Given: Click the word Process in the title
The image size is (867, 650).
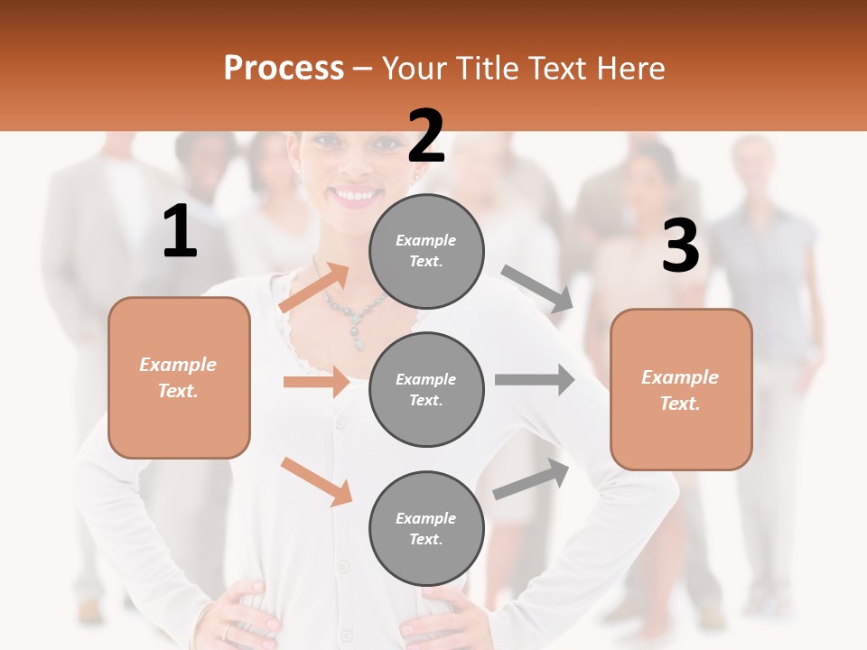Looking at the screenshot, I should coord(284,68).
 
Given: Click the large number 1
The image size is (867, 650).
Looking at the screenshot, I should coord(180,232).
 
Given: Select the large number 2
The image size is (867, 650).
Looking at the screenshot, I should coord(426,136).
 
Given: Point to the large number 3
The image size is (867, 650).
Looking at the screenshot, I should coord(680,246).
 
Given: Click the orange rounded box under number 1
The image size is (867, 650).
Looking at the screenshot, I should coord(179,377).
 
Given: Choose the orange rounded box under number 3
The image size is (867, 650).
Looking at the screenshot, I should coord(681,389).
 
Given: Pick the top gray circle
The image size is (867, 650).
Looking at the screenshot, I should coord(426,251).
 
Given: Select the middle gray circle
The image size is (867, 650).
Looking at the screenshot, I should coord(426,389).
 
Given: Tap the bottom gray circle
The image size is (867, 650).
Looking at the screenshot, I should coord(426,528).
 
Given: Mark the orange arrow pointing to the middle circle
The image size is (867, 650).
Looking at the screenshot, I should coord(316,382).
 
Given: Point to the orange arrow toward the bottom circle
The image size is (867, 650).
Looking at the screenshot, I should coord(317,481).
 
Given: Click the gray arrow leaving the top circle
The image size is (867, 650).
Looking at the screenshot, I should coord(537,288).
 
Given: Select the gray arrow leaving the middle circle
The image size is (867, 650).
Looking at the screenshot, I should coord(534,380).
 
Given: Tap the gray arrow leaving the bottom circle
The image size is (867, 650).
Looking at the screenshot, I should coord(531,479).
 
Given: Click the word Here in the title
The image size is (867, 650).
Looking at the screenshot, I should coord(632,68).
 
